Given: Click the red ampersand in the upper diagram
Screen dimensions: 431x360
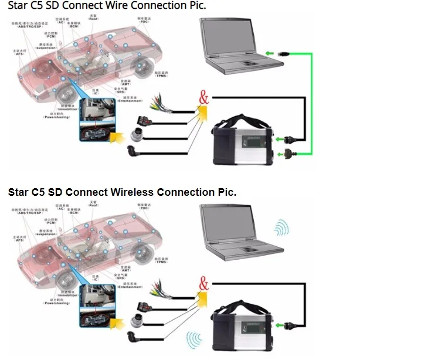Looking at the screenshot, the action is (x=203, y=97).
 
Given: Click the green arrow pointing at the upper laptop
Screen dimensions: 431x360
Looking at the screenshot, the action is (x=269, y=54).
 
